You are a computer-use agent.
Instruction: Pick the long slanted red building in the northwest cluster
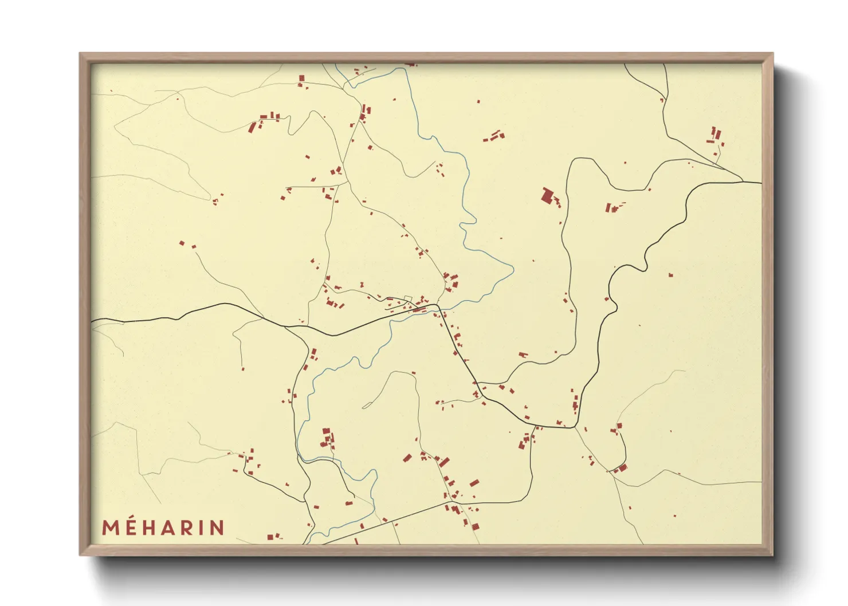(252, 127)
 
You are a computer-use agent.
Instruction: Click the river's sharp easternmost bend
(513, 268)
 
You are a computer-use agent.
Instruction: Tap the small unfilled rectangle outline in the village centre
(407, 297)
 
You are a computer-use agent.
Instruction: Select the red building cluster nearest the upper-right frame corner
(715, 136)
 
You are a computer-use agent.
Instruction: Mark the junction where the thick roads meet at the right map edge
(743, 182)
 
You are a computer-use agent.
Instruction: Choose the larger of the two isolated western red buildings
(182, 243)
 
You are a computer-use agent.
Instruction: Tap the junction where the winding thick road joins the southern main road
(575, 427)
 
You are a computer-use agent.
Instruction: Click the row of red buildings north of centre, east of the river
(494, 137)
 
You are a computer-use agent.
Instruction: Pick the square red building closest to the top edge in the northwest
(301, 78)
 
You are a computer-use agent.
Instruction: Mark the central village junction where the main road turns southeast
(437, 306)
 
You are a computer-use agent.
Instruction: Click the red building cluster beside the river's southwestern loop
(327, 438)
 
